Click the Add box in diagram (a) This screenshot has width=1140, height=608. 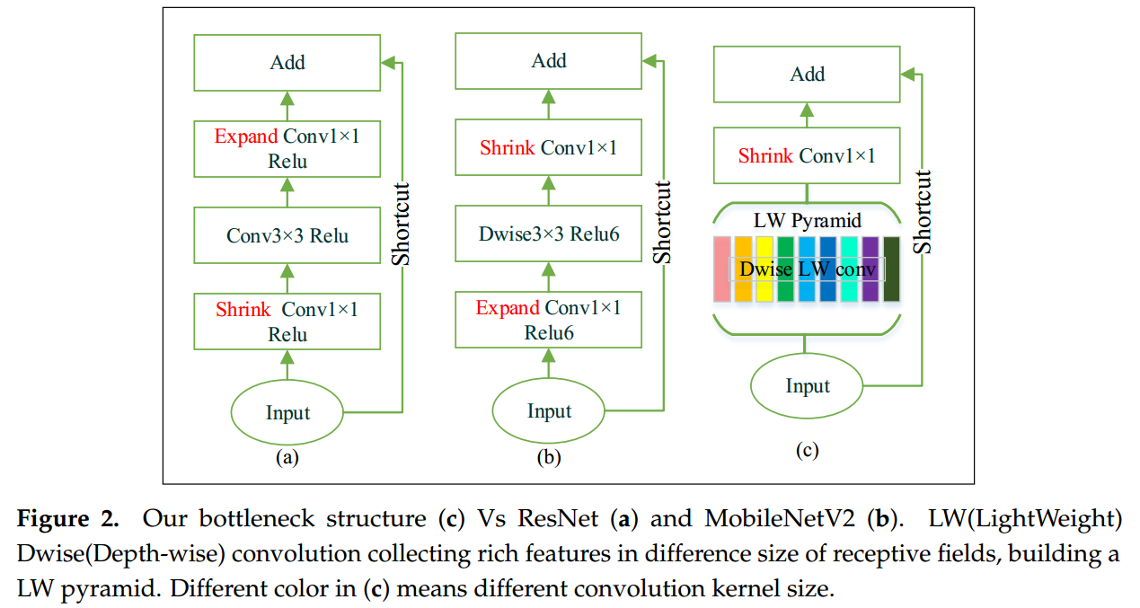pos(287,63)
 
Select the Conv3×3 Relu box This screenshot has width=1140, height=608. pos(287,236)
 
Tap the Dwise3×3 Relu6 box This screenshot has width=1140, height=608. pos(549,234)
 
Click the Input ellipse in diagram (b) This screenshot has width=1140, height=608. pos(549,411)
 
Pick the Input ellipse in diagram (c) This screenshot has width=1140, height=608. pos(808,386)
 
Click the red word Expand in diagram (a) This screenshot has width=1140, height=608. pos(245,137)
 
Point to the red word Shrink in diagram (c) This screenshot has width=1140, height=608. pos(765,156)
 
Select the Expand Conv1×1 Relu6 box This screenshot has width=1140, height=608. pos(549,321)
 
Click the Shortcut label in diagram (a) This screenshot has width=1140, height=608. pos(402,224)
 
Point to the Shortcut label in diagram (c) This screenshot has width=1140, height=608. pos(923,211)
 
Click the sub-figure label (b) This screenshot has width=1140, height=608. pos(548,458)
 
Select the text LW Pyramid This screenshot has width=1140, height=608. pos(807,221)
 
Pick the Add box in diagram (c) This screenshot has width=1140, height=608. pos(807,75)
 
